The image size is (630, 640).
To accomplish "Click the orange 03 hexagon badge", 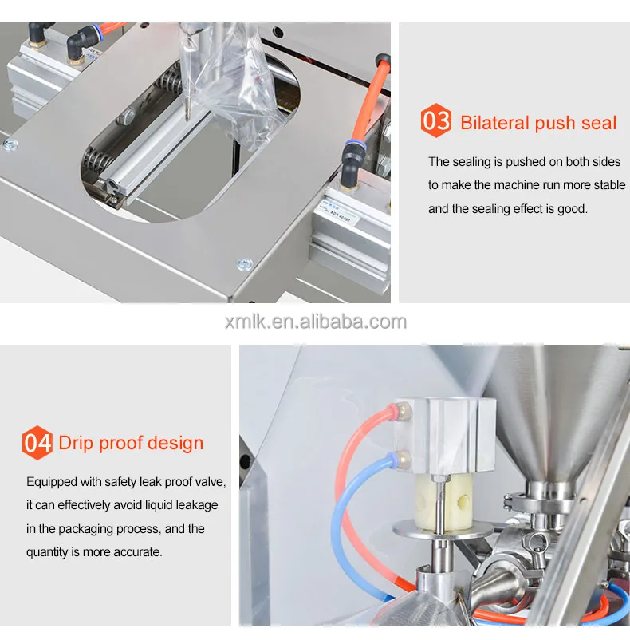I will click(436, 122).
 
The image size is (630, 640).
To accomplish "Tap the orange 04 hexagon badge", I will click(37, 442).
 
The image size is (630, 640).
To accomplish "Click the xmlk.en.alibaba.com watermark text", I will click(315, 322).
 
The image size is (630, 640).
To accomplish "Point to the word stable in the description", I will click(608, 185).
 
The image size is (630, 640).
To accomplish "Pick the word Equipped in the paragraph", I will click(53, 482).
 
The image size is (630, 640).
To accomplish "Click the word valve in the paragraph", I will click(210, 482).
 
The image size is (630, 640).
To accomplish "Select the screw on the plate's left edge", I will click(10, 144).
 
